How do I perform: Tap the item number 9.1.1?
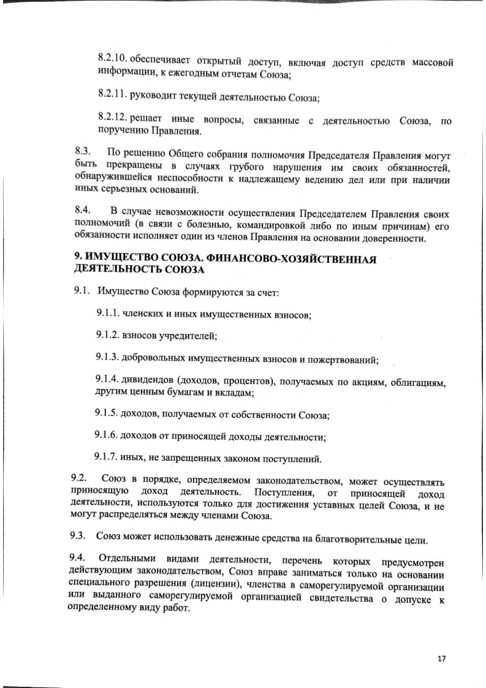click(x=108, y=314)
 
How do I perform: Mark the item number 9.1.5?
click(x=108, y=414)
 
